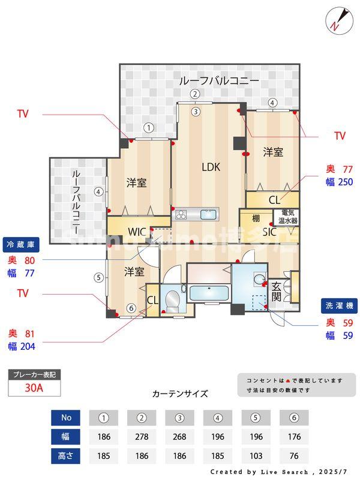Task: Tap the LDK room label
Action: [211, 167]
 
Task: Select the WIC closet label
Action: [137, 232]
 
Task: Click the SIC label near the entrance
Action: [269, 231]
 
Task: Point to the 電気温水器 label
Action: [287, 217]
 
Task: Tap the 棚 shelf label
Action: [256, 217]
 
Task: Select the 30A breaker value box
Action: [34, 388]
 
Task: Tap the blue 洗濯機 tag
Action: [338, 305]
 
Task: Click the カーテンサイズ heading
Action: [180, 394]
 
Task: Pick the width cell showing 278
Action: [142, 437]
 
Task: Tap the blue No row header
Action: [67, 418]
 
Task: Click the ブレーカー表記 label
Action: [34, 374]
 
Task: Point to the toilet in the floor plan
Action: [173, 299]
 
